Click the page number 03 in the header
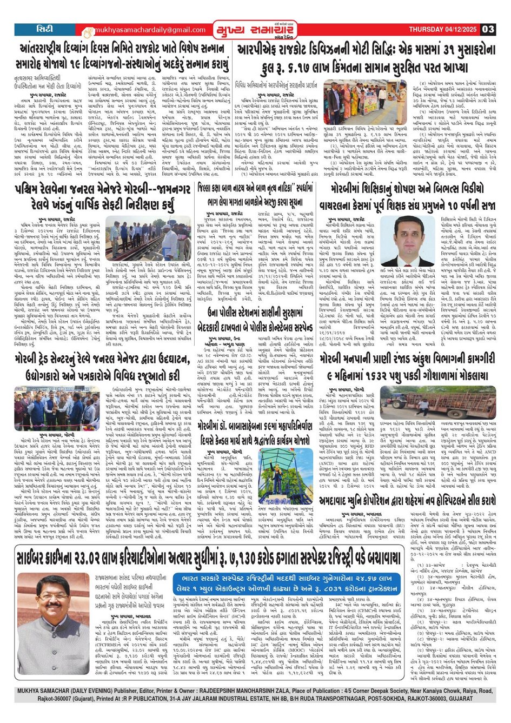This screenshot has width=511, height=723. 488,29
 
